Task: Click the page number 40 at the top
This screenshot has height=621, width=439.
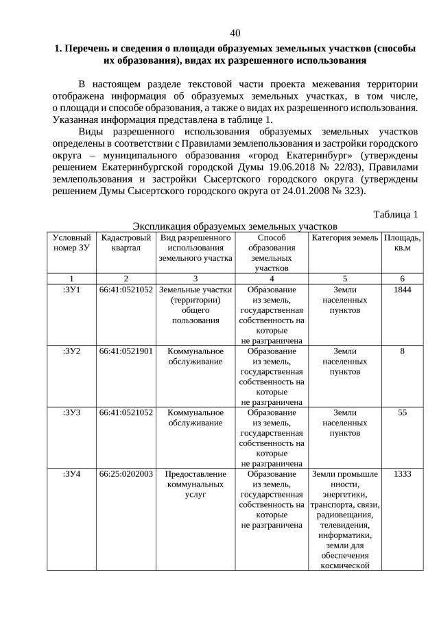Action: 235,33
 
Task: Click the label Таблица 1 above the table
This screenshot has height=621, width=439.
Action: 395,214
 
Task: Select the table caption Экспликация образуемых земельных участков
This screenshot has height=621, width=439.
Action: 235,226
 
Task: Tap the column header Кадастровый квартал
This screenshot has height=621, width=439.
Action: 126,242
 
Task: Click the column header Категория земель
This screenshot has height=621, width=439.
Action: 345,237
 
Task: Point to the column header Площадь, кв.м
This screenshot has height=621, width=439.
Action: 402,242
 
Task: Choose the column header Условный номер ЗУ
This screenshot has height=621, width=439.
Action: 71,242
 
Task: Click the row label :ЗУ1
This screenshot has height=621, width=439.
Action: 71,290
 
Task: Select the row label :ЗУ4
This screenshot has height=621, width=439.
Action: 71,473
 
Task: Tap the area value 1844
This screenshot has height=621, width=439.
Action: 402,290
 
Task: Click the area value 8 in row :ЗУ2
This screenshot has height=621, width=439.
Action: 402,351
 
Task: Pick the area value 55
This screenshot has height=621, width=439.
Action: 402,412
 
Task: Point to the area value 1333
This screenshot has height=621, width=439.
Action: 402,473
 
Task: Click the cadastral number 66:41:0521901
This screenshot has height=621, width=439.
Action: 126,351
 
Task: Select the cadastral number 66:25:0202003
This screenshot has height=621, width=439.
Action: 126,473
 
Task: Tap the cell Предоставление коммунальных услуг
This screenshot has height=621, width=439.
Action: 195,484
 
